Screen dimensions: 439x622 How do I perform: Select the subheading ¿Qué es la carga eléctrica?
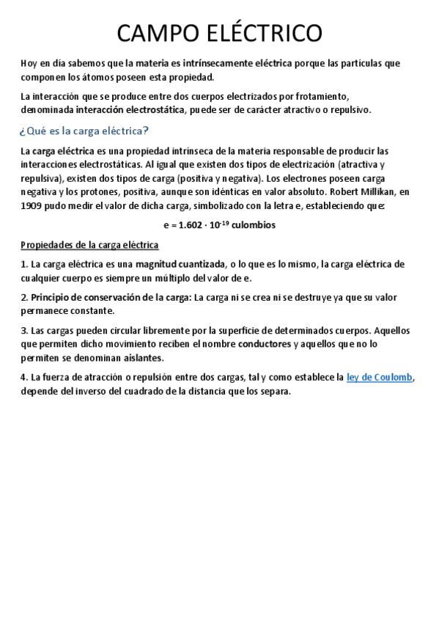pos(84,131)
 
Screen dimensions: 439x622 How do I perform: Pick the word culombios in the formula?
pos(253,225)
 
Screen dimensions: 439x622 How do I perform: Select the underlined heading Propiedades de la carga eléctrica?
pos(89,244)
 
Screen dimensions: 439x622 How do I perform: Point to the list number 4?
pos(24,377)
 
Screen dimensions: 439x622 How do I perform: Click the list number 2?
pos(24,297)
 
